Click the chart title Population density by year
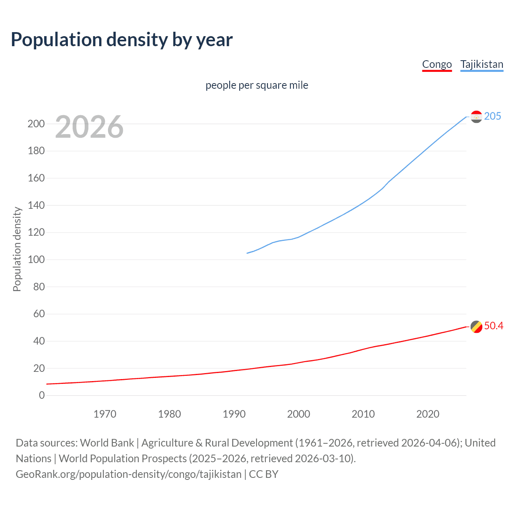(122, 40)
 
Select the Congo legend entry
(437, 65)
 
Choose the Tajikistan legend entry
(481, 65)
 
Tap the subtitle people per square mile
(257, 86)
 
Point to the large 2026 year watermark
(89, 127)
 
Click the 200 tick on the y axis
(36, 124)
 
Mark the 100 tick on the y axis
(36, 259)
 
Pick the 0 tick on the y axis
(42, 395)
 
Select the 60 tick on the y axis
(39, 314)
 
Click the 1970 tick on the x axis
(105, 414)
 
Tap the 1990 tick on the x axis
(234, 414)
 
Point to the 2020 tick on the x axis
(428, 414)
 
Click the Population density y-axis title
(17, 249)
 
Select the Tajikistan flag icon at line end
(476, 116)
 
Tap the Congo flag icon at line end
(476, 326)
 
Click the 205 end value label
(492, 116)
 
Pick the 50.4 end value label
(494, 326)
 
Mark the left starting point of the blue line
(247, 253)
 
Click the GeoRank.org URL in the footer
(128, 474)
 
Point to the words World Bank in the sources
(107, 443)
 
